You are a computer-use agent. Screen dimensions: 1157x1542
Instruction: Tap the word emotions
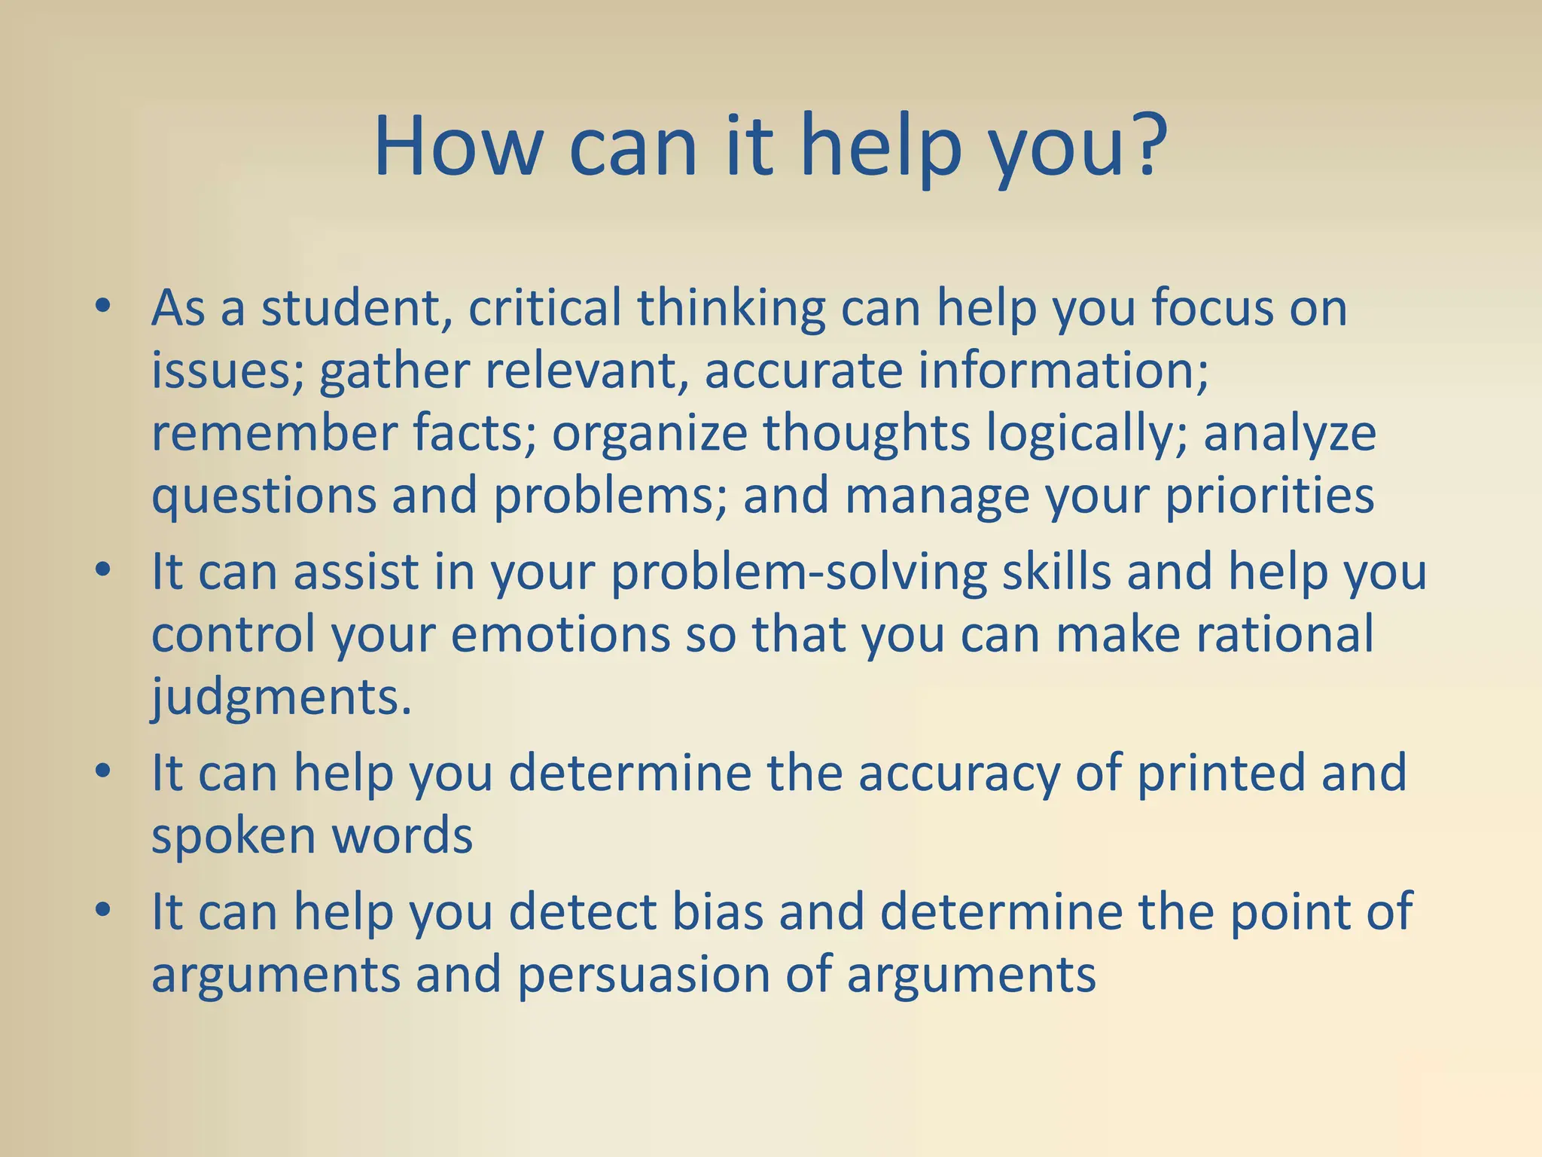pyautogui.click(x=560, y=634)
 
